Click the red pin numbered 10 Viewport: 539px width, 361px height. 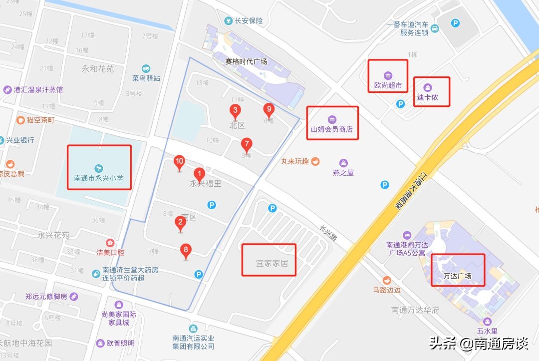click(180, 162)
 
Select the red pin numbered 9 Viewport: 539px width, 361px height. click(269, 109)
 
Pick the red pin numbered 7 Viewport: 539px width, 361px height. click(246, 145)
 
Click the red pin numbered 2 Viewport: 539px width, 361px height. click(180, 223)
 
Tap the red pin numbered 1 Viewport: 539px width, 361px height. click(200, 175)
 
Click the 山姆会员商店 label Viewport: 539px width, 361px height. click(332, 129)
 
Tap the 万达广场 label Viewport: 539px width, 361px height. click(458, 276)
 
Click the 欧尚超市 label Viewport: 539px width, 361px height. click(388, 85)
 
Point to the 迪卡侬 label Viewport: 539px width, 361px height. click(428, 97)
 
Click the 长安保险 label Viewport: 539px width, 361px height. click(249, 21)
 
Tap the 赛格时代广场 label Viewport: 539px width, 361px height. click(246, 62)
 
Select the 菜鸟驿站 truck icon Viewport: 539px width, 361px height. click(146, 68)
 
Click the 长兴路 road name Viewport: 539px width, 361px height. click(328, 232)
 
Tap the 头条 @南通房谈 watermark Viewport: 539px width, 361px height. click(478, 344)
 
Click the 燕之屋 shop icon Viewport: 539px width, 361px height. click(343, 163)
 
